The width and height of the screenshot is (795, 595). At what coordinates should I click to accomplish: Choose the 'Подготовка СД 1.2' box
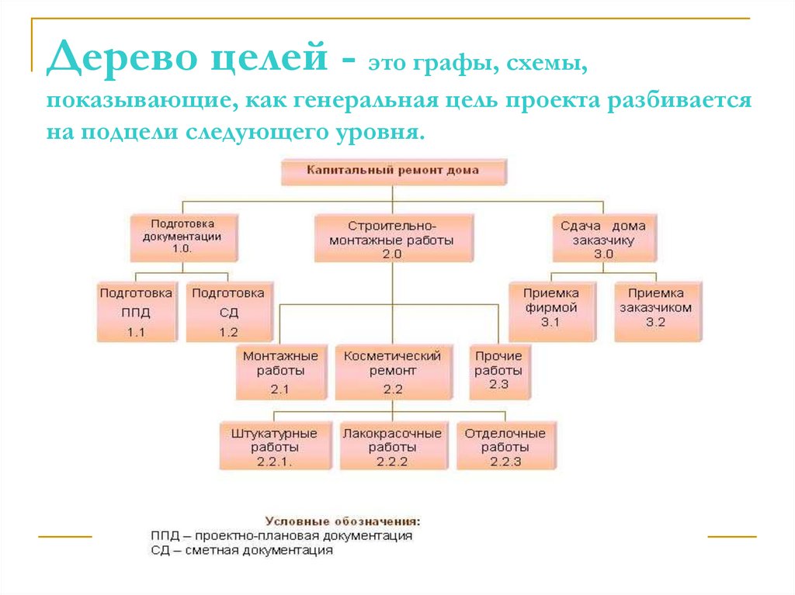[x=227, y=313]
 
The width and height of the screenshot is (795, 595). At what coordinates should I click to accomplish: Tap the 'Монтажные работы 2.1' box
[x=280, y=372]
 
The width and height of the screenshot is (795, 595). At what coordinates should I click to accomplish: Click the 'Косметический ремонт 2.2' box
[x=392, y=372]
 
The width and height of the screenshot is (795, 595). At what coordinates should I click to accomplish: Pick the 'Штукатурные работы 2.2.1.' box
[x=273, y=447]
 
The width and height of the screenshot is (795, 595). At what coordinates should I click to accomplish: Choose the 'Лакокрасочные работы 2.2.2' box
[x=392, y=447]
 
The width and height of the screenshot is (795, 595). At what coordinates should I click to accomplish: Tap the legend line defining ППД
[x=281, y=535]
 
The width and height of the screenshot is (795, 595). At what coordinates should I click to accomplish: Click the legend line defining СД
[x=241, y=551]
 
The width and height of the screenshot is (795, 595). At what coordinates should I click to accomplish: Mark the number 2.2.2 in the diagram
[x=392, y=462]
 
